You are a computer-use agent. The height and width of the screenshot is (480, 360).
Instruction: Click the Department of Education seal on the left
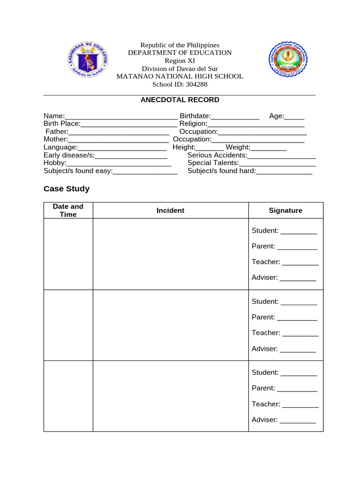click(88, 59)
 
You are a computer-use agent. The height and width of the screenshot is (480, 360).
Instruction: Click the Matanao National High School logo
click(288, 60)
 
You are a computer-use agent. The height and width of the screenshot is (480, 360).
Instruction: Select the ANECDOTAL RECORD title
click(180, 100)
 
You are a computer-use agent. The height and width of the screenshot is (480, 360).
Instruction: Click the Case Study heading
click(66, 189)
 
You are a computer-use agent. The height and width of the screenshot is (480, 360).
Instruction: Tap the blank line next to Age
click(294, 117)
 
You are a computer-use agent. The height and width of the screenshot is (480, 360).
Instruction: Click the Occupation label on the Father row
click(198, 132)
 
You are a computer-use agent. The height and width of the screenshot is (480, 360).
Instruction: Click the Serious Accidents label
click(217, 155)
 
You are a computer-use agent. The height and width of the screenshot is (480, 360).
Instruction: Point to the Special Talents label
click(213, 163)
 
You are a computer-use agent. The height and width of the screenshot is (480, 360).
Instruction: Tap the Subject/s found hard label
click(221, 171)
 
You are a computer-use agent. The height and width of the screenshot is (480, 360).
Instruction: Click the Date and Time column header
click(68, 210)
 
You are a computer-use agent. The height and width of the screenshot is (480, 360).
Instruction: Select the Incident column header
click(170, 210)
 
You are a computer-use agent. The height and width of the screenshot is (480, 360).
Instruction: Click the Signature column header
click(285, 210)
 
